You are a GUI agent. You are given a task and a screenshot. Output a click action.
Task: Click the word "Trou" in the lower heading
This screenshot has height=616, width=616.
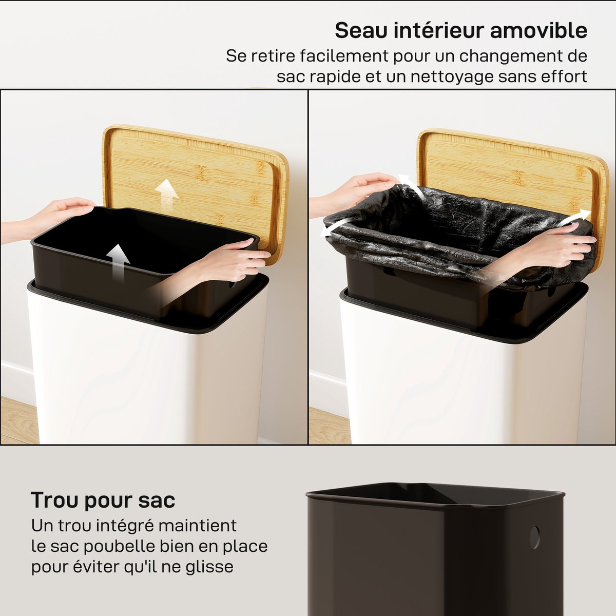pos(54,500)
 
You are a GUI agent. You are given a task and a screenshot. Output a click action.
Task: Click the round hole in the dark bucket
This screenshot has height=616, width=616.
pos(534,537)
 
